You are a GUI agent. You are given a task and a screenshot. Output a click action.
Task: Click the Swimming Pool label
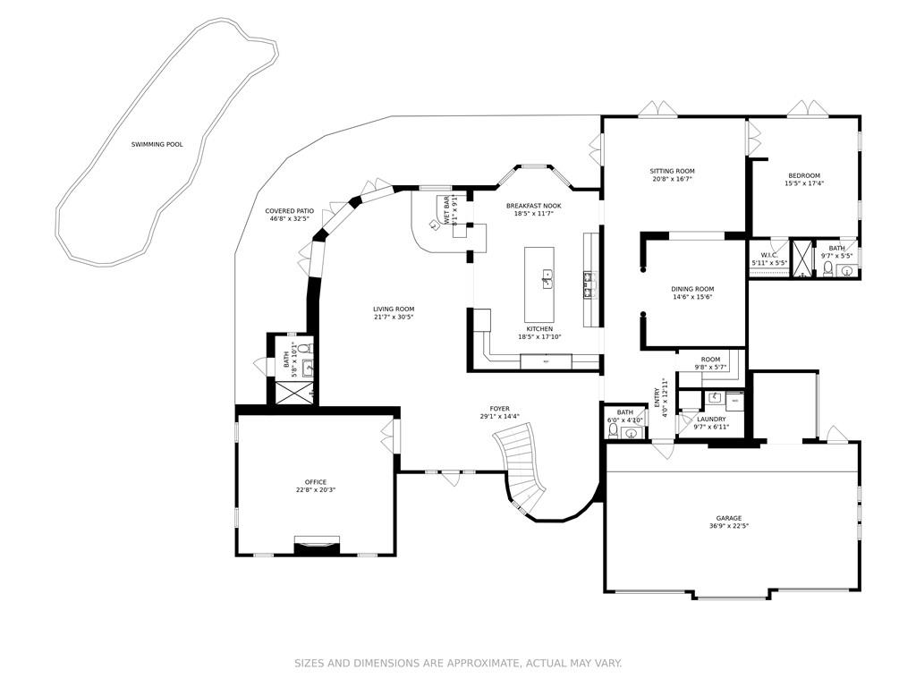click(x=157, y=144)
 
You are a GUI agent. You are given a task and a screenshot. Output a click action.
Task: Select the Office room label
click(x=315, y=482)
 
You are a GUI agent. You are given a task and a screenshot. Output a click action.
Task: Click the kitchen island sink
click(x=545, y=284)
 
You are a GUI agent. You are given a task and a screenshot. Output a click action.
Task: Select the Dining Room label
click(x=692, y=289)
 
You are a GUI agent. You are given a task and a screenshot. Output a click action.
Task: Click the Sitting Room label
click(x=672, y=171)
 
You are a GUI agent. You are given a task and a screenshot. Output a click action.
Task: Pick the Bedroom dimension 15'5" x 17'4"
click(x=803, y=183)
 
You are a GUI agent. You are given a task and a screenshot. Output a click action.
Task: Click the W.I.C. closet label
click(x=768, y=255)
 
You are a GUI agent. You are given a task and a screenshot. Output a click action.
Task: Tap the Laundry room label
click(x=711, y=419)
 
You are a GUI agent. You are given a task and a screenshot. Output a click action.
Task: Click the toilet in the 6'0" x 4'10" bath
click(x=614, y=430)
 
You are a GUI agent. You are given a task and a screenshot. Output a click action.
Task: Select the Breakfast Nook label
click(x=533, y=206)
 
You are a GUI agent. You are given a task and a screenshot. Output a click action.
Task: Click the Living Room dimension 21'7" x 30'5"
click(x=394, y=318)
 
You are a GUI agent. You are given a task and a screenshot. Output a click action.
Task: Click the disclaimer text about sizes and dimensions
click(x=458, y=663)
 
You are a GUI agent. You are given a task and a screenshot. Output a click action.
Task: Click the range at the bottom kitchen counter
click(x=546, y=360)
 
